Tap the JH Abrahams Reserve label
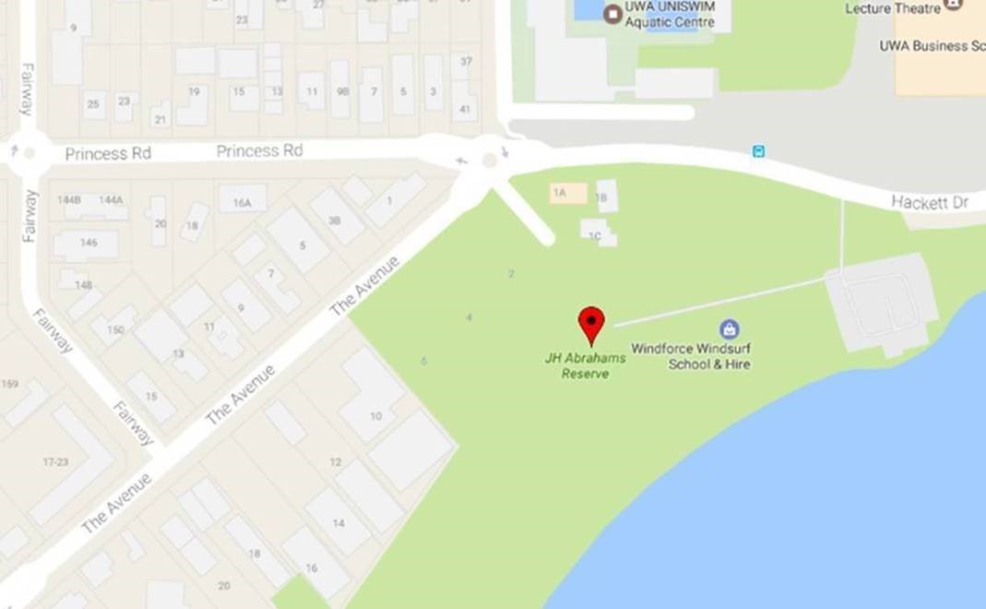click(x=585, y=365)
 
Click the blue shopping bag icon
click(x=730, y=328)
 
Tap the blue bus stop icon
click(x=758, y=151)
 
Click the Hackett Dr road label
click(x=929, y=202)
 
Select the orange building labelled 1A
click(x=568, y=193)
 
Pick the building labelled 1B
click(x=605, y=196)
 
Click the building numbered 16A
click(x=243, y=199)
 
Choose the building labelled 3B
click(x=337, y=218)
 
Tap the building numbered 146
click(x=87, y=244)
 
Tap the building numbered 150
click(x=114, y=328)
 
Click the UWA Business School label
click(x=932, y=45)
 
